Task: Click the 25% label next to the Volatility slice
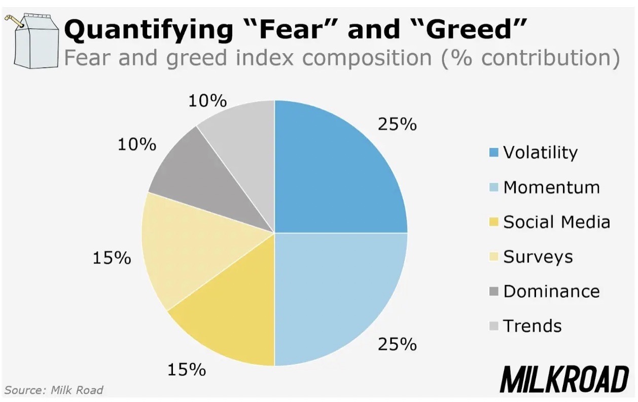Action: [397, 124]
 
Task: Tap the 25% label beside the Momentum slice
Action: [397, 344]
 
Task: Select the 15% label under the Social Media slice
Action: [187, 370]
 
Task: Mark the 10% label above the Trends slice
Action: [207, 101]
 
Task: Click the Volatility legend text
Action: [540, 152]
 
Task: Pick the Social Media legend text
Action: [556, 222]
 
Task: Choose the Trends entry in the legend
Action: [532, 326]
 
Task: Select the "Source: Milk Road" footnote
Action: [54, 390]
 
